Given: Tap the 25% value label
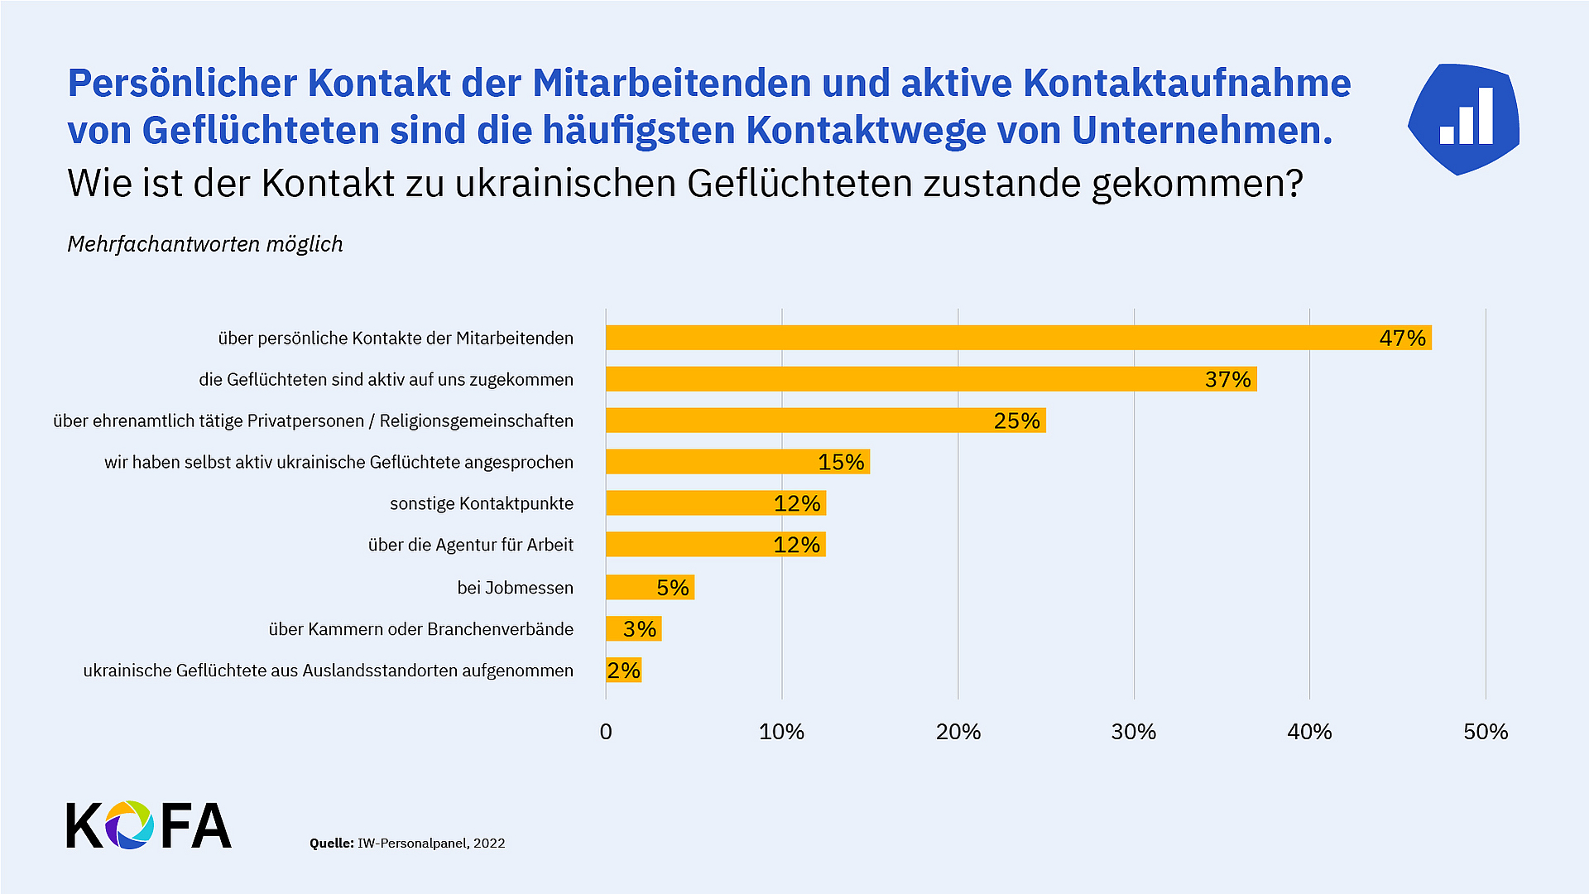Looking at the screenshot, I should pyautogui.click(x=1016, y=421).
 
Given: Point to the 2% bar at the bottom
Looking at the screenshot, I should pyautogui.click(x=623, y=670).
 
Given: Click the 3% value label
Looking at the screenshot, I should pyautogui.click(x=640, y=629).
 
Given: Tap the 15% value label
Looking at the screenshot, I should pyautogui.click(x=841, y=462).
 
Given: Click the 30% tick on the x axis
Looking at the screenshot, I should pyautogui.click(x=1133, y=732).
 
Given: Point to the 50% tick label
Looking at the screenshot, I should pyautogui.click(x=1486, y=732).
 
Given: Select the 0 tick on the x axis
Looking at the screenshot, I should pyautogui.click(x=606, y=732).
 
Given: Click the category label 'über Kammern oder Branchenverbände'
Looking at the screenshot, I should pyautogui.click(x=420, y=629).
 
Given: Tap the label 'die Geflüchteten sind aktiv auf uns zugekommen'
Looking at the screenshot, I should pyautogui.click(x=386, y=379).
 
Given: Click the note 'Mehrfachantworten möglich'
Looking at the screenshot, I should pyautogui.click(x=204, y=244).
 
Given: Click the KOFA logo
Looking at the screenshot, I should pyautogui.click(x=149, y=825).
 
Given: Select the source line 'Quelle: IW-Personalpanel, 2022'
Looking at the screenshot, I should pyautogui.click(x=407, y=843).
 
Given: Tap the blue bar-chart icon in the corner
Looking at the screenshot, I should pyautogui.click(x=1463, y=119).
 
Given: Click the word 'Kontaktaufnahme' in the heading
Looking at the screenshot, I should pyautogui.click(x=1187, y=83).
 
